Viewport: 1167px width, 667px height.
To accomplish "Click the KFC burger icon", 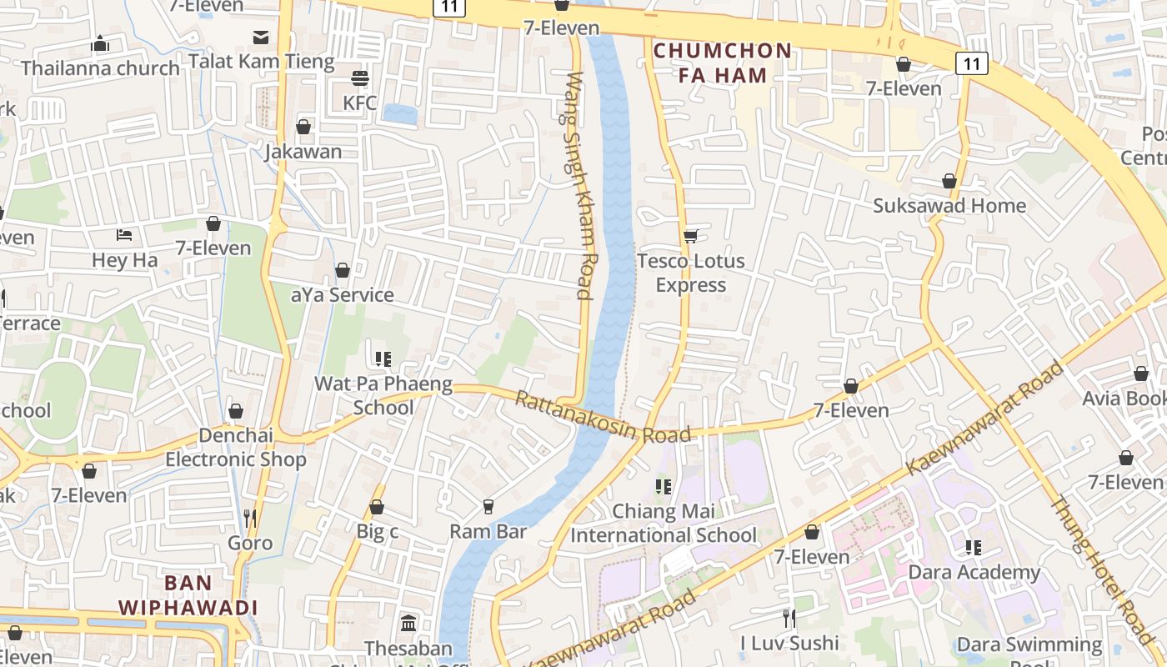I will tap(360, 78).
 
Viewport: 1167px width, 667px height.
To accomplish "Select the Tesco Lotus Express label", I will tap(690, 273).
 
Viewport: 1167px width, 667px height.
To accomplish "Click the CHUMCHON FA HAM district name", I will tap(722, 63).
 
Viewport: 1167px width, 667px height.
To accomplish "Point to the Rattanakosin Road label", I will tap(602, 417).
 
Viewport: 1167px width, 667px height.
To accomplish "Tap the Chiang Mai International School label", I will tap(664, 523).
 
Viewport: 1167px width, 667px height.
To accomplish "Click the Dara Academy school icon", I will tap(973, 548).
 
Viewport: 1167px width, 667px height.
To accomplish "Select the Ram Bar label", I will tap(488, 531).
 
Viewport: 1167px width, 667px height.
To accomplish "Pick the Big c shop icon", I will tap(377, 507).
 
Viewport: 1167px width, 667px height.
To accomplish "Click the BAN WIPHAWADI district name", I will tap(188, 595).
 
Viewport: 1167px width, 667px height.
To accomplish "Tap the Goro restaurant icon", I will tap(249, 519).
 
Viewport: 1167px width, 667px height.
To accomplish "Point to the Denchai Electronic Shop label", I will tap(235, 448).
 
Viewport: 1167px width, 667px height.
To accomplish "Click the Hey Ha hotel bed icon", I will tap(124, 235).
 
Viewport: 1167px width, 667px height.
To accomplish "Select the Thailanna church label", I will tap(100, 68).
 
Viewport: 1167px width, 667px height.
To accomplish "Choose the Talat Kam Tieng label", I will tap(261, 61).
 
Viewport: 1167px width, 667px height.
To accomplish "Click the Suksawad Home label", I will tap(949, 205).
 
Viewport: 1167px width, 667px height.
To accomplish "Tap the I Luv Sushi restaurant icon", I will tap(789, 618).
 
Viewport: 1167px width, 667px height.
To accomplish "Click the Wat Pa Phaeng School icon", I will tap(383, 359).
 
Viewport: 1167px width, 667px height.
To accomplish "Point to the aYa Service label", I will tap(342, 294).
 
